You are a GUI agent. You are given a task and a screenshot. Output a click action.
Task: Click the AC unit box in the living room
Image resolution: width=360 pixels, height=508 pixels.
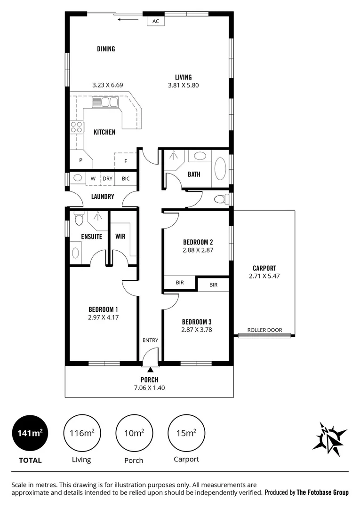[x=156, y=21]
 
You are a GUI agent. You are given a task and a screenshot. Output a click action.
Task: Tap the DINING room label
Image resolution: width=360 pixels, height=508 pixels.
[x=106, y=49]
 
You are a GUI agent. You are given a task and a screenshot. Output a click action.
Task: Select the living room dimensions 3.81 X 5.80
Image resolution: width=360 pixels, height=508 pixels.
[x=183, y=86]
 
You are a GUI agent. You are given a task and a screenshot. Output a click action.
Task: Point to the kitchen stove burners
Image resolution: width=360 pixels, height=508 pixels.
[x=77, y=127]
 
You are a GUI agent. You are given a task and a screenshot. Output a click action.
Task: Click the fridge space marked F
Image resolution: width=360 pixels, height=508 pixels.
[x=126, y=161]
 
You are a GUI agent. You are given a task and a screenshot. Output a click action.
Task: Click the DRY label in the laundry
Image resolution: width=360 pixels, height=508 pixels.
[x=108, y=179]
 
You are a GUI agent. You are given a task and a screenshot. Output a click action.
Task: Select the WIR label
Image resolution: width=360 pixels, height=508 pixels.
[x=120, y=237]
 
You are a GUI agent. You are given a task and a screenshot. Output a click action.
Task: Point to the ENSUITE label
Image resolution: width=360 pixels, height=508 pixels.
[x=91, y=237]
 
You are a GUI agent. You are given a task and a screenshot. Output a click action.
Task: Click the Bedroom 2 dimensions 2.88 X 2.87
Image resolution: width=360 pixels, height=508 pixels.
[x=198, y=250]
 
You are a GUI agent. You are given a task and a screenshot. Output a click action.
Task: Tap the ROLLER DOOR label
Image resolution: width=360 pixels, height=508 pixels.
[x=265, y=330]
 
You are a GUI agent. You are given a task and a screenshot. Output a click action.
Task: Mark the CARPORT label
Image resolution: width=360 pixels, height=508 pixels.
[x=264, y=268]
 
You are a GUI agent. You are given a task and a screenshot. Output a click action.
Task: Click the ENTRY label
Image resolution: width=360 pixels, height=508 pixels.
[x=150, y=340]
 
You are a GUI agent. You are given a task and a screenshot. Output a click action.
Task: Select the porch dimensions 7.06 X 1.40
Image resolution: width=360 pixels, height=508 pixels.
[x=149, y=388]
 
